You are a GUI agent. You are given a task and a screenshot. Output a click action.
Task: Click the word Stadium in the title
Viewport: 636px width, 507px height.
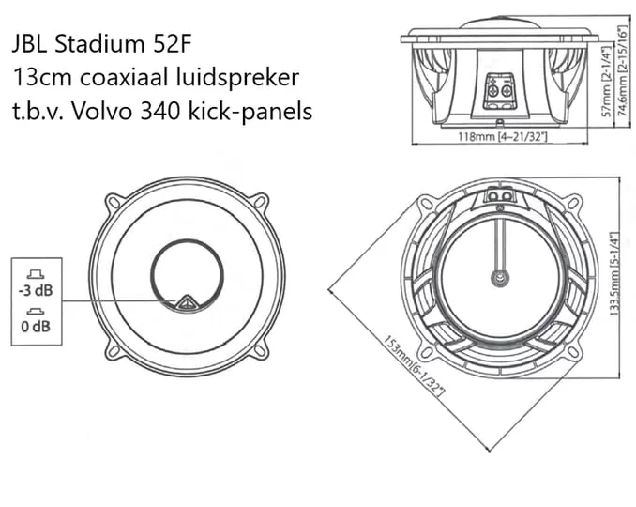coord(99,44)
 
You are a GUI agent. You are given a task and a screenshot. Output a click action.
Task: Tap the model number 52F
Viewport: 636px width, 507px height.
coord(172,44)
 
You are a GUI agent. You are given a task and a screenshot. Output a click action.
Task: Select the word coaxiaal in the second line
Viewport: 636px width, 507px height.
coord(125,77)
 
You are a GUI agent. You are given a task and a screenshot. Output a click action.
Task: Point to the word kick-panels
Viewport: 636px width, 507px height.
coord(250,111)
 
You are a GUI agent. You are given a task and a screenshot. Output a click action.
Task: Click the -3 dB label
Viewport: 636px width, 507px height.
coord(36,291)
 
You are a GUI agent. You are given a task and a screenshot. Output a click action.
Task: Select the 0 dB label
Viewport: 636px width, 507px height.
coord(36,327)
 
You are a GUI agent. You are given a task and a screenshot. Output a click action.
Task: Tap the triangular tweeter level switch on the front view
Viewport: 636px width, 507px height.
coord(187,303)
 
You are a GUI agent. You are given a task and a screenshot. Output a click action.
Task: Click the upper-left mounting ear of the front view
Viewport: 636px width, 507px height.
coord(114,202)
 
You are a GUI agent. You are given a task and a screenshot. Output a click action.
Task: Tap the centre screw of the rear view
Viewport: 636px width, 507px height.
coord(500,278)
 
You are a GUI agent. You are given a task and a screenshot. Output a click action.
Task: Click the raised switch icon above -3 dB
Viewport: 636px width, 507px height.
coord(36,274)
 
